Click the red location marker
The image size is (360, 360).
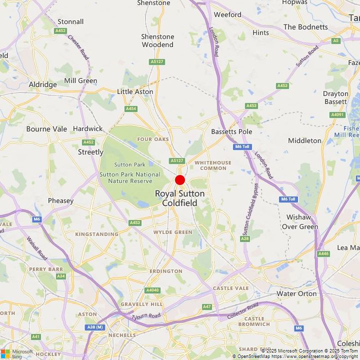point(180,180)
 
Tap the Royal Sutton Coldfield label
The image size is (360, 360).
point(179,198)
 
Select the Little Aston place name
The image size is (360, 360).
point(135,91)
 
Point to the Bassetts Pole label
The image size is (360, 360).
point(231,131)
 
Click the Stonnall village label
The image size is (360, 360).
point(70,21)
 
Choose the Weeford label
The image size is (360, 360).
point(227,14)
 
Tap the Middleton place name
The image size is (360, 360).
point(304,140)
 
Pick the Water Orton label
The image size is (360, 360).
point(296,293)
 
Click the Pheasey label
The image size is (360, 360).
point(60,200)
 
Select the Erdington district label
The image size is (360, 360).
point(165,271)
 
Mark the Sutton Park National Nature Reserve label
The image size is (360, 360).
point(130,177)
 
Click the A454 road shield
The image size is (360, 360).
point(131,108)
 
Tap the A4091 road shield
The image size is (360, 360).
point(337,114)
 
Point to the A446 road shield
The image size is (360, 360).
point(323,253)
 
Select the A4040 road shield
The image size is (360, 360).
point(152,290)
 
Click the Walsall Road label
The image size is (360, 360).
point(36,248)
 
